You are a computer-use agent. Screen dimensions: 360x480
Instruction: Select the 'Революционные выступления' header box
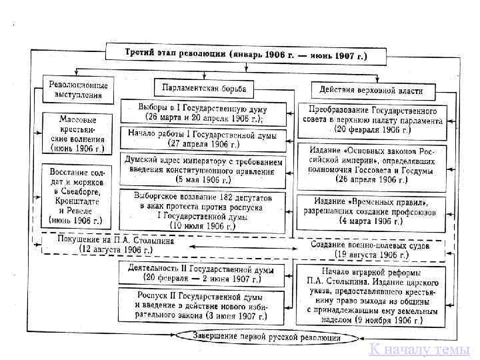click(x=78, y=89)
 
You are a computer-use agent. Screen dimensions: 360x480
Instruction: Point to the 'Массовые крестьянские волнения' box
click(x=77, y=133)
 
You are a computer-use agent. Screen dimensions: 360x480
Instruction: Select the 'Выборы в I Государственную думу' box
click(x=203, y=111)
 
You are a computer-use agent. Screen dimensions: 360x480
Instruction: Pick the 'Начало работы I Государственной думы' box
click(x=203, y=137)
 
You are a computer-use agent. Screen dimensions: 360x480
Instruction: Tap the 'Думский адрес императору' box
click(x=203, y=169)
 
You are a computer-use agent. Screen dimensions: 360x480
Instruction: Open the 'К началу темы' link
click(x=419, y=349)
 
